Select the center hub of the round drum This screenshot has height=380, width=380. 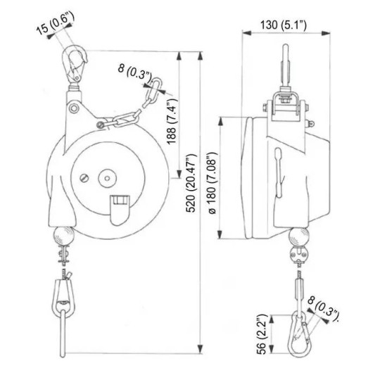[x=109, y=176]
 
